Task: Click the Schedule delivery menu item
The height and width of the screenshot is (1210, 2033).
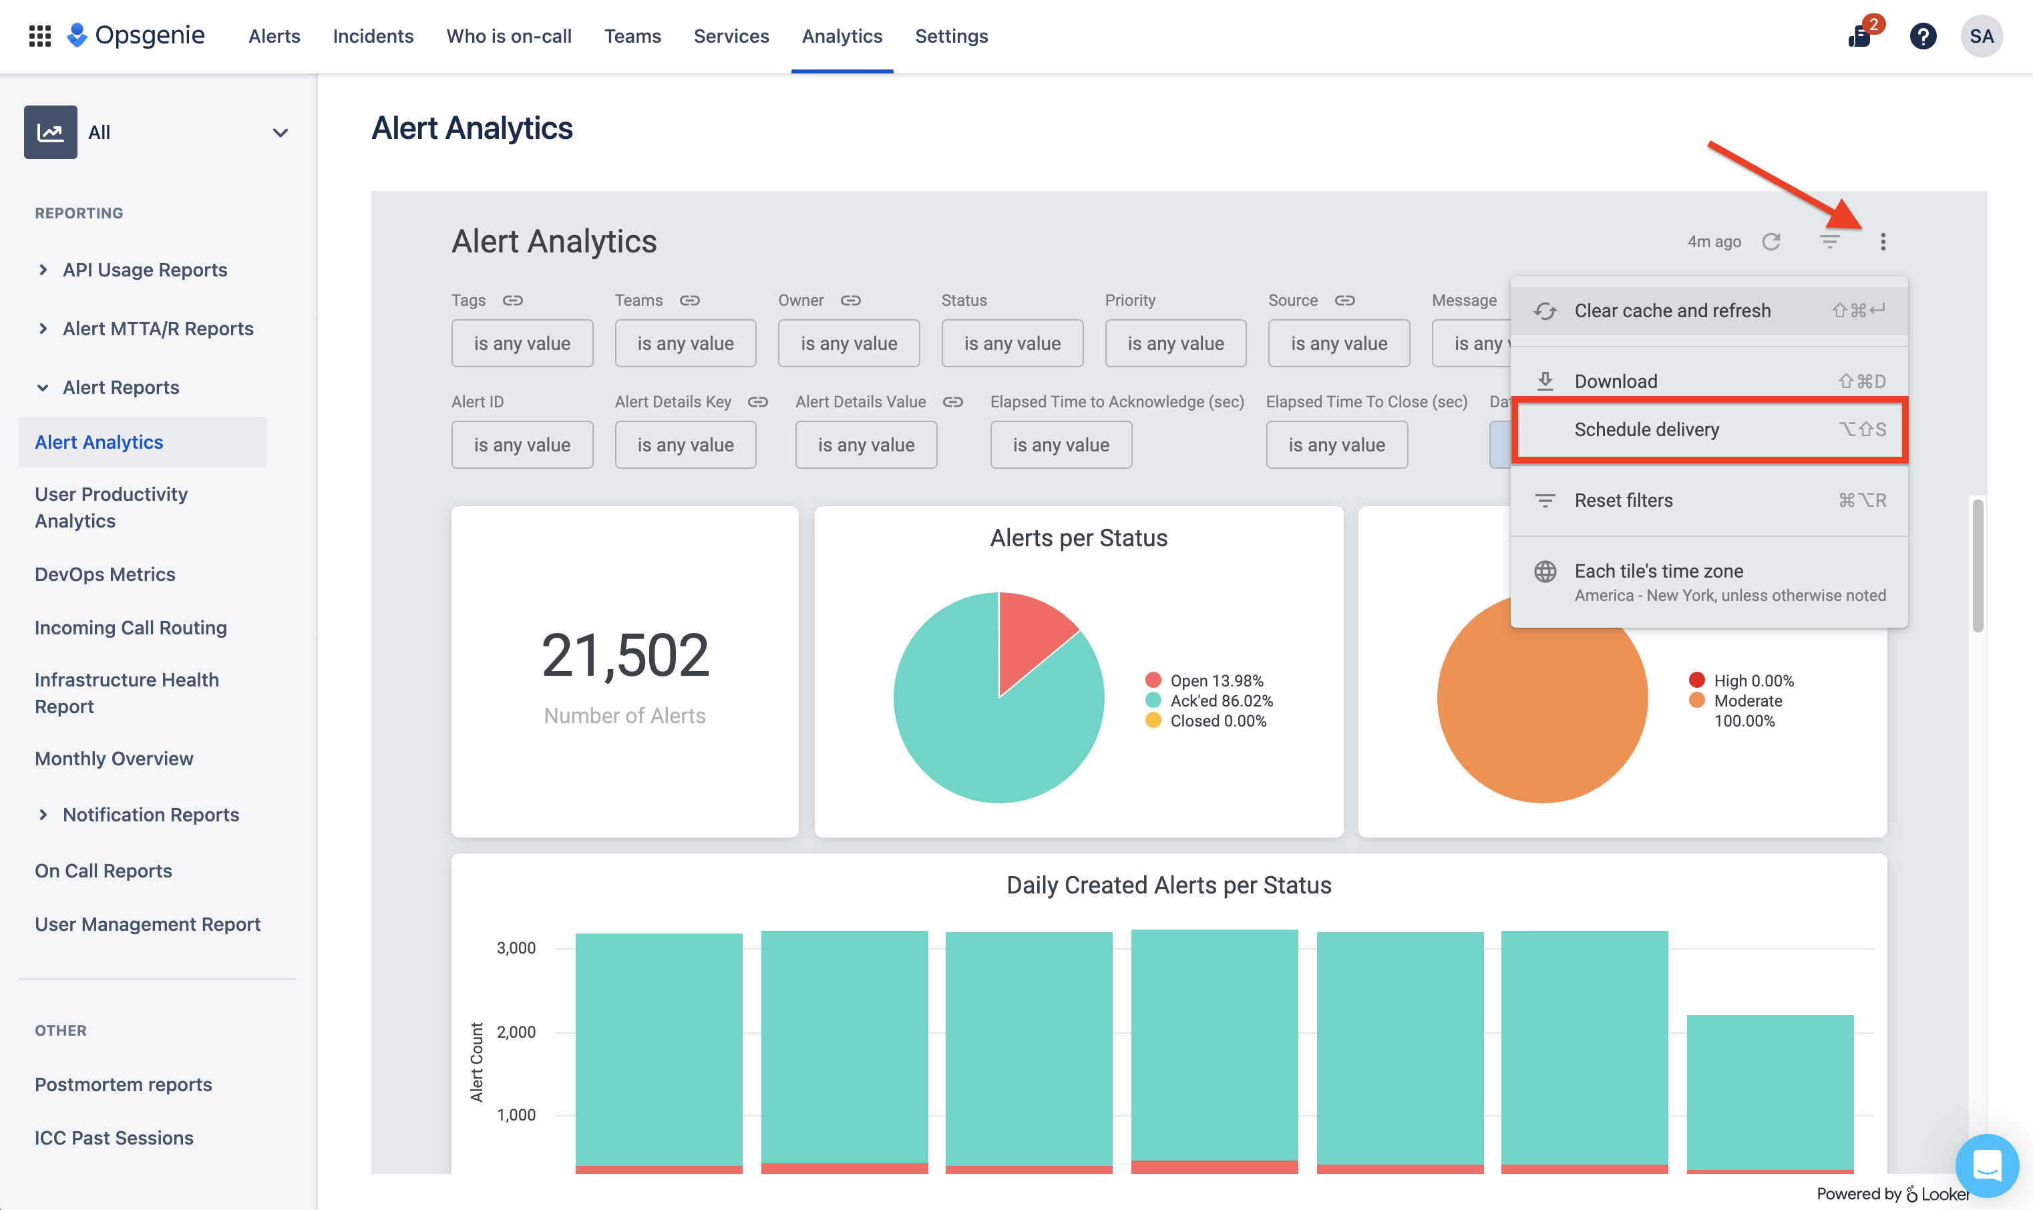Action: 1646,429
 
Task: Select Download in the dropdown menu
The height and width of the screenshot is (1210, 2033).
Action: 1615,381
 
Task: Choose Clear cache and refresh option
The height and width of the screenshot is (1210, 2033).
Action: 1672,311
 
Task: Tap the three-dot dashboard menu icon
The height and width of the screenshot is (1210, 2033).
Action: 1882,242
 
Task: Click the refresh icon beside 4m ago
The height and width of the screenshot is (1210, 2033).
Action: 1771,242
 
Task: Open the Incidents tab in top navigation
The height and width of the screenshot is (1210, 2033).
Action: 373,37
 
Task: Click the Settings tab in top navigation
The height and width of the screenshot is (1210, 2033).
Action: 951,37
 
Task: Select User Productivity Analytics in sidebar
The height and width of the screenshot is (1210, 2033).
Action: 111,507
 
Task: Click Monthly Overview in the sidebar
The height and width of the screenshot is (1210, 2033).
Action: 114,759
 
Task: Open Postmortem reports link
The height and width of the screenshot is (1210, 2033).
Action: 123,1084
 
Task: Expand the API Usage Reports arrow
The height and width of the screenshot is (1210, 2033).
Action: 43,270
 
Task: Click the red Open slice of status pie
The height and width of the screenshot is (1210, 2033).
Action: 1032,636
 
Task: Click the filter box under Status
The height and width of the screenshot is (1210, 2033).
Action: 1011,343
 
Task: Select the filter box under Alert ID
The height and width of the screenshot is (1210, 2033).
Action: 522,445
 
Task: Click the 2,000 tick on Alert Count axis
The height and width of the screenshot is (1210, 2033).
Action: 516,1032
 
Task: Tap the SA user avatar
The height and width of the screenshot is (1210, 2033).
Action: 1981,37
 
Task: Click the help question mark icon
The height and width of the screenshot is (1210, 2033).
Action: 1922,37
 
